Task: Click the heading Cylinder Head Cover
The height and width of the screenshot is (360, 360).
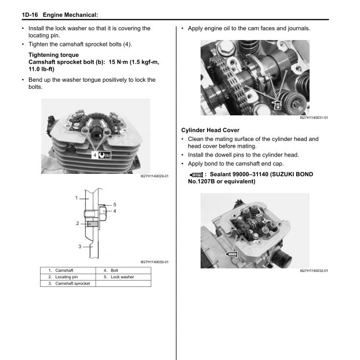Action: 210,130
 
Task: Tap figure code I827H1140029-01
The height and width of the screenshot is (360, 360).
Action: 154,175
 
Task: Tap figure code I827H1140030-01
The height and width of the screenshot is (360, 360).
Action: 154,261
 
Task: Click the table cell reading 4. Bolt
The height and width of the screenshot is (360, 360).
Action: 111,270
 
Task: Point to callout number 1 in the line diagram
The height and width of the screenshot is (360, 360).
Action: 77,198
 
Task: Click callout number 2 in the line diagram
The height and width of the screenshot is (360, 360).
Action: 77,223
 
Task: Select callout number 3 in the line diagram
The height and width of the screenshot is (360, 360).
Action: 80,247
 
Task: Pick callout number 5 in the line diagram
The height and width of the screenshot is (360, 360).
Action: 115,205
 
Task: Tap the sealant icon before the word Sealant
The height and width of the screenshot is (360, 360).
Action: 196,174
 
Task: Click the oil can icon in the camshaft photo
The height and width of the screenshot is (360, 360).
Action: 278,106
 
